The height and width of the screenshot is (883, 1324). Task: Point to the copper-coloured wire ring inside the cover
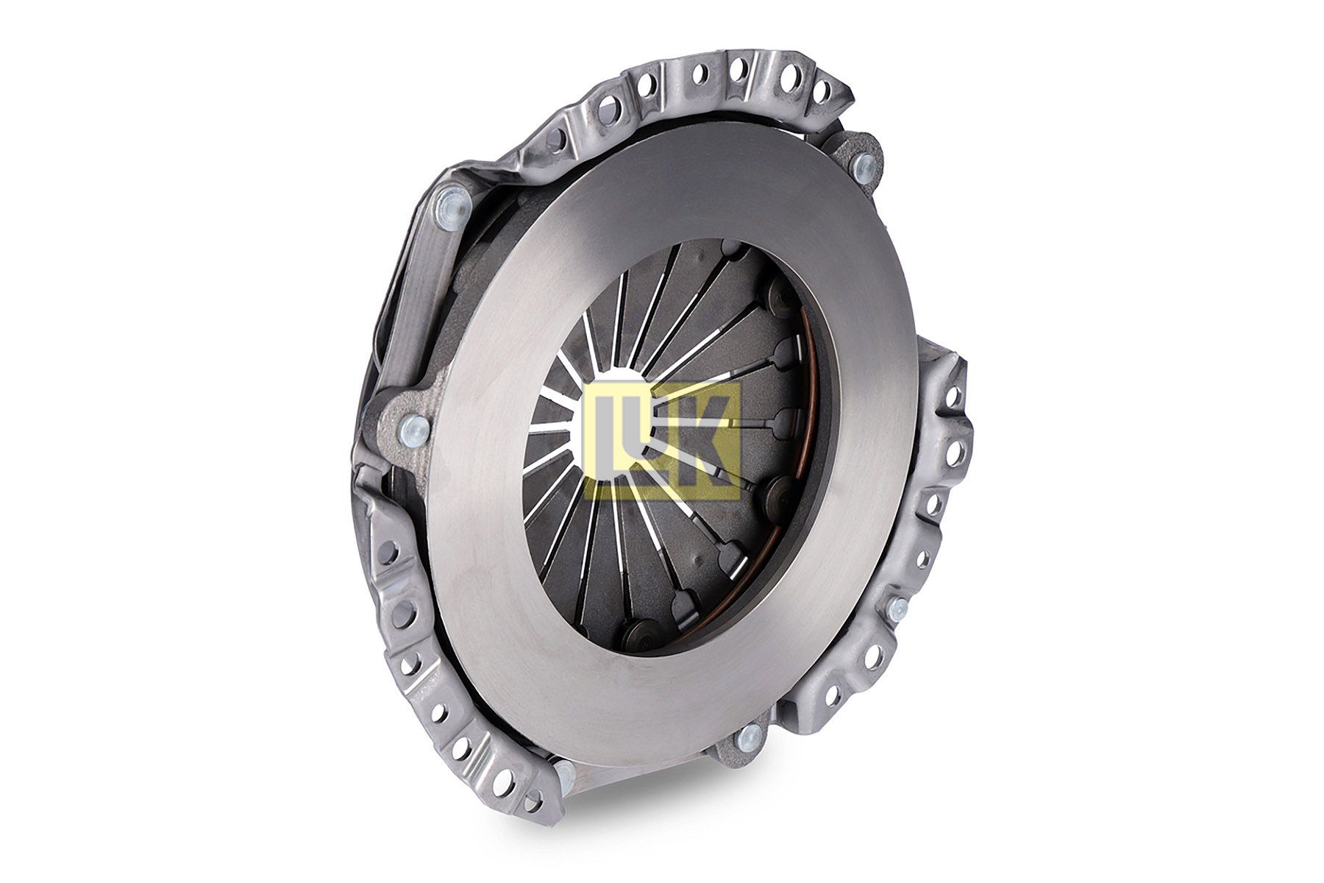809,471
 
